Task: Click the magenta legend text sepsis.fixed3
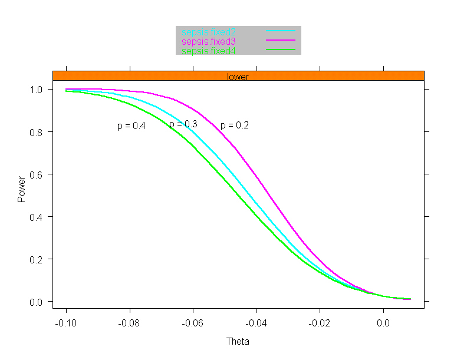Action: [x=209, y=41]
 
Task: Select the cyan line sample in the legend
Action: [x=280, y=31]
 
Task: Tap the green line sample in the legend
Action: [x=280, y=51]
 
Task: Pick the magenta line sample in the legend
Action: [x=280, y=40]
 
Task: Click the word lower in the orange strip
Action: [x=238, y=77]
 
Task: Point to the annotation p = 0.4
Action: [x=131, y=125]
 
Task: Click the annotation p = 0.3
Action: [x=183, y=124]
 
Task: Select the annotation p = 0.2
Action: [x=234, y=125]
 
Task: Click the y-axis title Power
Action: [x=22, y=189]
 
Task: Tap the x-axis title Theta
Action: [x=238, y=342]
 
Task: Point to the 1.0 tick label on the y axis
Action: [x=38, y=90]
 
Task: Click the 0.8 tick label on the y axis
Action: [x=38, y=132]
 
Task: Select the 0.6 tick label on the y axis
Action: [x=38, y=174]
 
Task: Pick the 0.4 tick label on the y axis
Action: [x=38, y=217]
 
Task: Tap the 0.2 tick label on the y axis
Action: [x=38, y=259]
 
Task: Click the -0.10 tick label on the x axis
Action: [x=66, y=323]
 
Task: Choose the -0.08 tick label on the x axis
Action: [x=129, y=323]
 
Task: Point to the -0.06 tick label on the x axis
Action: [x=193, y=323]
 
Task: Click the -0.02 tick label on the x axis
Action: [x=320, y=323]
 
